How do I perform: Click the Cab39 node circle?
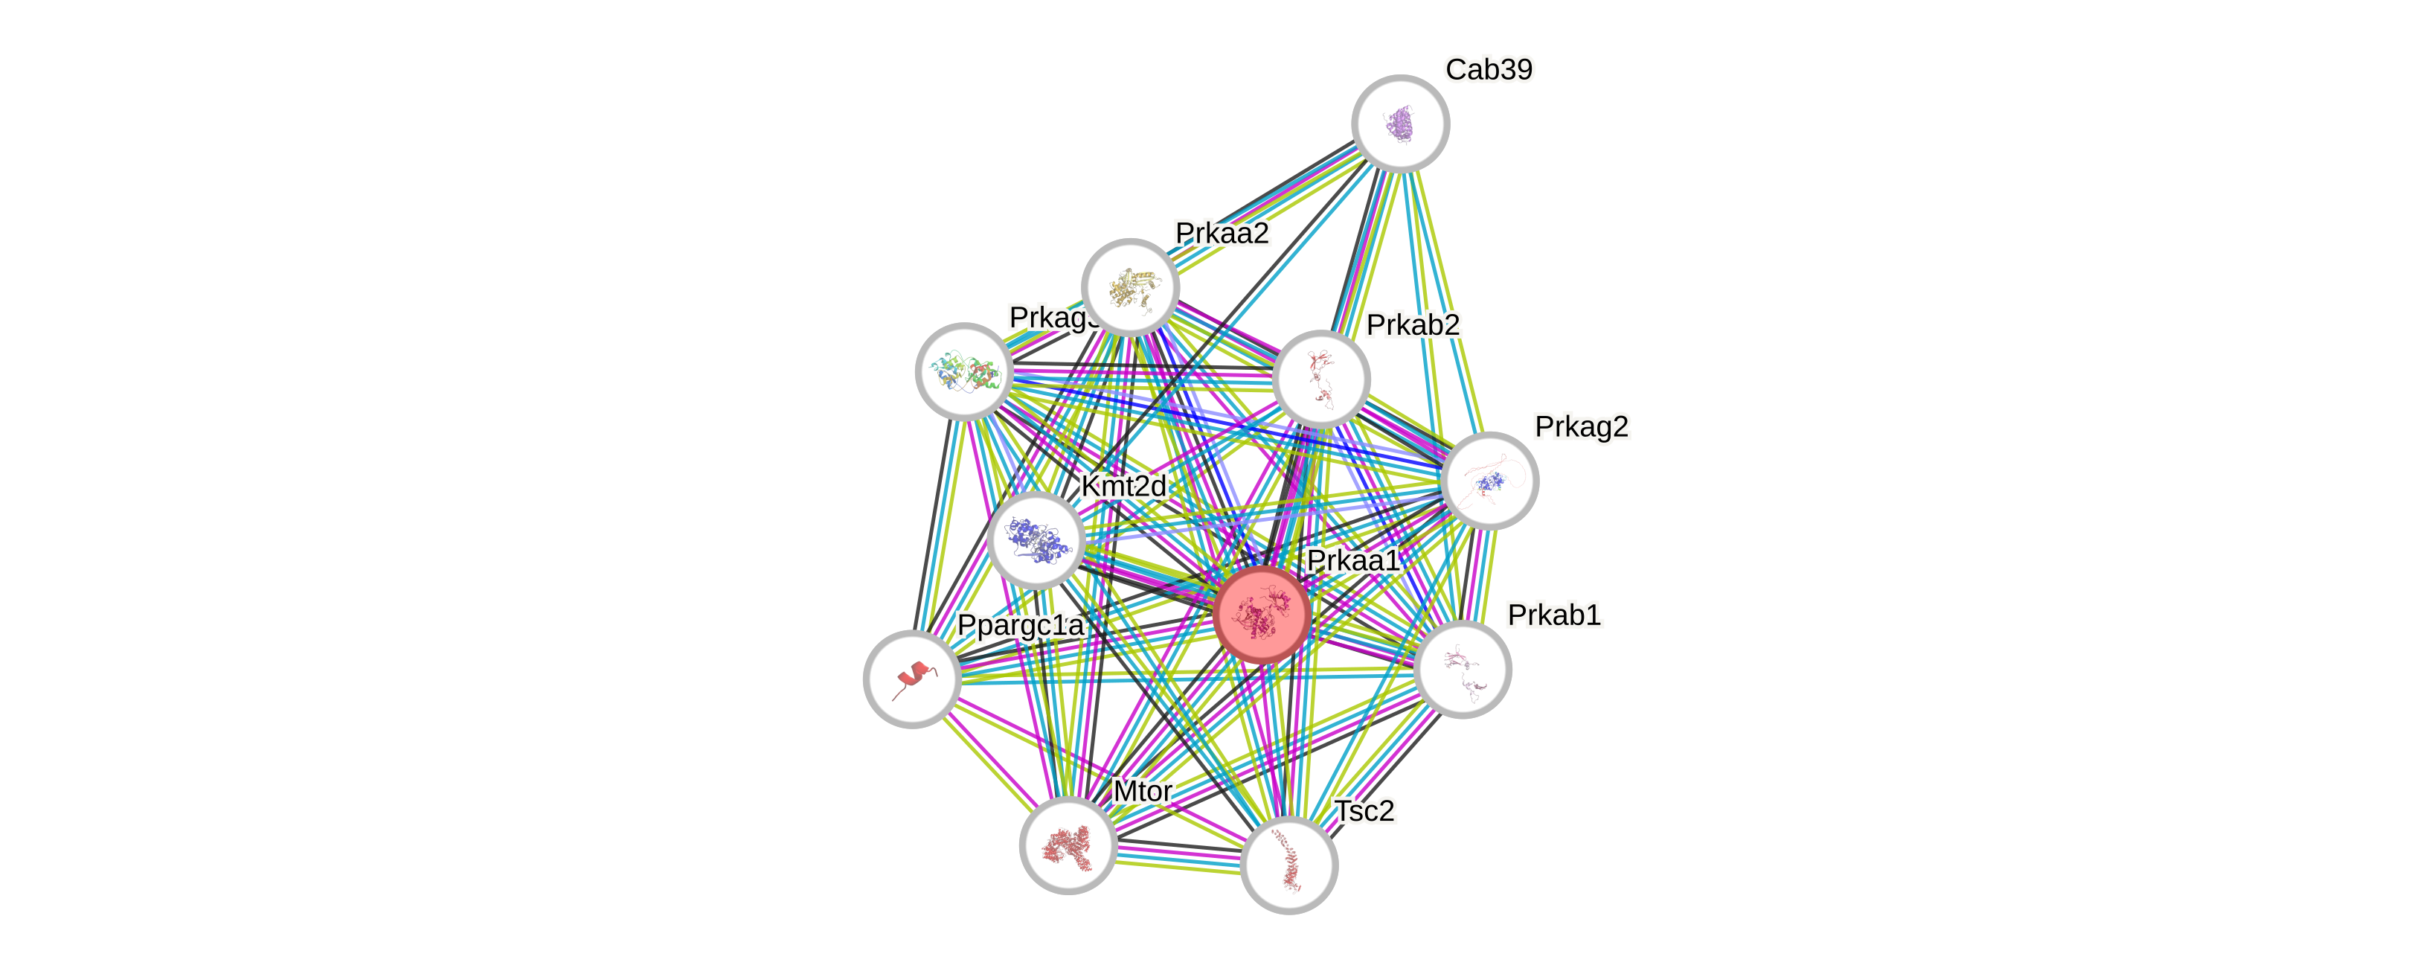pyautogui.click(x=1400, y=123)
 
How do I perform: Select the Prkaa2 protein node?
pyautogui.click(x=1130, y=286)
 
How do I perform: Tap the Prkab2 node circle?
pyautogui.click(x=1321, y=379)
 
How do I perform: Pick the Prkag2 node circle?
pyautogui.click(x=1489, y=481)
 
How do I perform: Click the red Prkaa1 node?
pyautogui.click(x=1261, y=615)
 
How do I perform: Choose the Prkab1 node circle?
pyautogui.click(x=1462, y=669)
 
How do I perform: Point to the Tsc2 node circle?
pyautogui.click(x=1289, y=865)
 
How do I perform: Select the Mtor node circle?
pyautogui.click(x=1068, y=845)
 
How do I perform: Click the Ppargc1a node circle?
pyautogui.click(x=911, y=679)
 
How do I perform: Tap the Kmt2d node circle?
pyautogui.click(x=1036, y=540)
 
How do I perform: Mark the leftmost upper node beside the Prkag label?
pyautogui.click(x=964, y=371)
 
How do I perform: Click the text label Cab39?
pyautogui.click(x=1489, y=69)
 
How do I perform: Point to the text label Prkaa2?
pyautogui.click(x=1222, y=232)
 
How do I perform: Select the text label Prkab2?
pyautogui.click(x=1413, y=324)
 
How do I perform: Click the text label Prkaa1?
pyautogui.click(x=1352, y=560)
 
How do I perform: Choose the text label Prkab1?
pyautogui.click(x=1554, y=615)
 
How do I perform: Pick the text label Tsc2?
pyautogui.click(x=1365, y=811)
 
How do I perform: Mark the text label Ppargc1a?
pyautogui.click(x=1020, y=625)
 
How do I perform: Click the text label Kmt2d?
pyautogui.click(x=1123, y=486)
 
